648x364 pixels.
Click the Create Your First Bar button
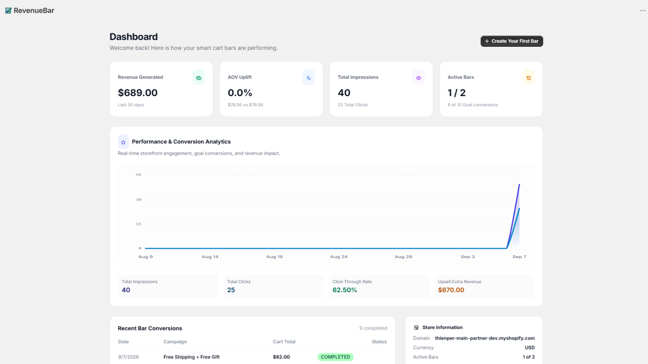(x=512, y=41)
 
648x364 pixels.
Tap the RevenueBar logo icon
(x=9, y=11)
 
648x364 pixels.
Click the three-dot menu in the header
(x=643, y=11)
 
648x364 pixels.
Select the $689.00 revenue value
(x=138, y=93)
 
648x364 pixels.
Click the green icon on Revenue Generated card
(x=199, y=78)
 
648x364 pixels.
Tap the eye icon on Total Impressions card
(x=419, y=78)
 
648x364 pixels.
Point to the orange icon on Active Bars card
(x=529, y=78)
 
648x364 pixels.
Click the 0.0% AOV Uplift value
(x=240, y=93)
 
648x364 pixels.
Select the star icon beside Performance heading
(x=123, y=142)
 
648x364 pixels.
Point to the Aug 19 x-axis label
(x=275, y=256)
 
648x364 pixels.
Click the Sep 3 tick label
(x=468, y=256)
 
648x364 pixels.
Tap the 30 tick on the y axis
(x=139, y=200)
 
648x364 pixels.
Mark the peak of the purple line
(x=520, y=184)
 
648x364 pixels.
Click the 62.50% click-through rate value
(x=345, y=290)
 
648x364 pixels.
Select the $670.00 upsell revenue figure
(x=451, y=290)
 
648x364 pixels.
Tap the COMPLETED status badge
(x=336, y=357)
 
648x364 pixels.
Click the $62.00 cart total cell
(x=281, y=357)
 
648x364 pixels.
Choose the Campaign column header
(x=175, y=342)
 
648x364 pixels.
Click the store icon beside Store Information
(x=416, y=327)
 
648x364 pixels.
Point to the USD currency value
(x=530, y=347)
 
